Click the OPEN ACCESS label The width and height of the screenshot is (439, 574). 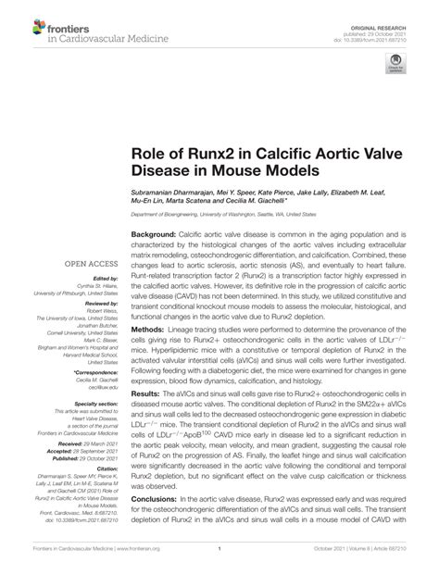tap(91, 263)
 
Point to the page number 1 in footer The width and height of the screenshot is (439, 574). tap(219, 561)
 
